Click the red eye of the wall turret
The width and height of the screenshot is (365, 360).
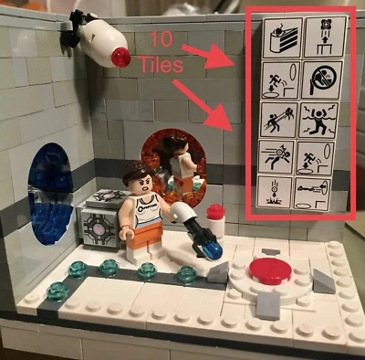click(x=120, y=58)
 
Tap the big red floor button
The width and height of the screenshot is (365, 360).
click(x=267, y=270)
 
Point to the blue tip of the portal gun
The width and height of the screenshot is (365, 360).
click(x=212, y=247)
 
